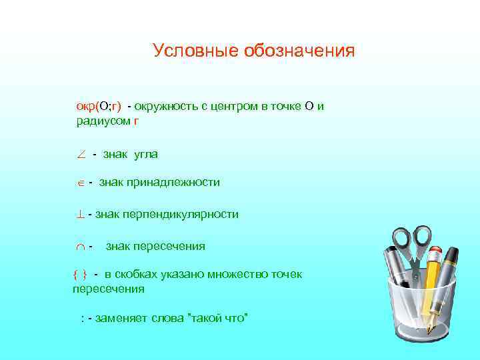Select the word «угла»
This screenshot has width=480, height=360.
[146, 155]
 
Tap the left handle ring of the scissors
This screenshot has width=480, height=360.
[402, 238]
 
